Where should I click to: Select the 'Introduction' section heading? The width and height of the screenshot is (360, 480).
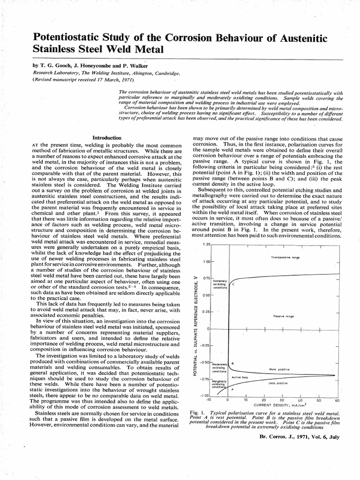click(x=107, y=138)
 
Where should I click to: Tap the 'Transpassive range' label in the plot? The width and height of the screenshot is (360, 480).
click(x=285, y=258)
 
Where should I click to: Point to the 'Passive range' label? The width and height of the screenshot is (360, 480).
click(x=283, y=316)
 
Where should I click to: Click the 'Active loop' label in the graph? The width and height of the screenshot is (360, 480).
click(x=240, y=377)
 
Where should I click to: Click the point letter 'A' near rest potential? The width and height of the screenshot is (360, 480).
click(x=232, y=390)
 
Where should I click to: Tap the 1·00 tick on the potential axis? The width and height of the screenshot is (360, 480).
click(x=206, y=261)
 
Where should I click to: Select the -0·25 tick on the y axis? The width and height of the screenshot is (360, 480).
click(x=205, y=346)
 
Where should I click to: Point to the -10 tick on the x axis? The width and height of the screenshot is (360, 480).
click(x=209, y=400)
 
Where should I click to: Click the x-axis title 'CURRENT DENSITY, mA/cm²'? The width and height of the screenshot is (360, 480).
click(x=277, y=405)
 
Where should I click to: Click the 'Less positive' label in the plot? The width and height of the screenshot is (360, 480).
click(x=278, y=383)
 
